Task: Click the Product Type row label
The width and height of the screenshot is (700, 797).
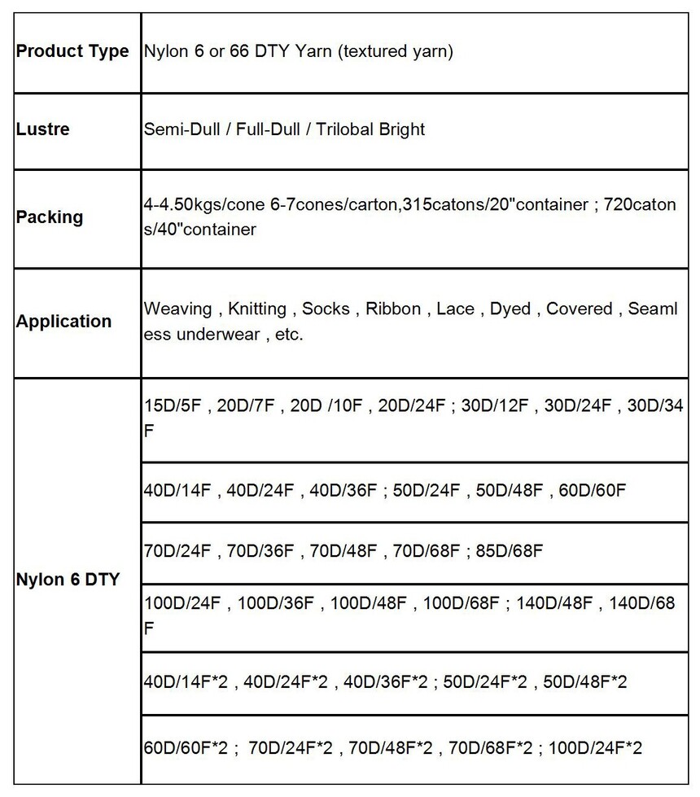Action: [x=72, y=51]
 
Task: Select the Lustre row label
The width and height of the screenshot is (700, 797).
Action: [x=43, y=129]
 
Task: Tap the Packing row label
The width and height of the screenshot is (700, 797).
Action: [x=50, y=217]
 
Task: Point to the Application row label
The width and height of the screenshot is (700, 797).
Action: [x=63, y=321]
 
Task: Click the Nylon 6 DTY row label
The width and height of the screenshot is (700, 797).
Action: [x=68, y=580]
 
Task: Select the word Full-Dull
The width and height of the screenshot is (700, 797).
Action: [x=265, y=129]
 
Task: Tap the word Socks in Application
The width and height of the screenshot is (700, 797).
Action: [x=326, y=309]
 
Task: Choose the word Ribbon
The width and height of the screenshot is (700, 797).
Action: [x=393, y=309]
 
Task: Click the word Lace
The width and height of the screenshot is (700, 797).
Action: [x=456, y=309]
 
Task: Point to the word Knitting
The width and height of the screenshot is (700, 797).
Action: [x=256, y=309]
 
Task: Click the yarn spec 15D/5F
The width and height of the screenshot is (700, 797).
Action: [x=170, y=406]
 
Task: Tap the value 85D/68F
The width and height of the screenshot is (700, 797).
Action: [x=510, y=551]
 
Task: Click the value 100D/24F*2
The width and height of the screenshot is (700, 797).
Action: [x=596, y=747]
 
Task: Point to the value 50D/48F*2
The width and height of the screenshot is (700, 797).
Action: [x=585, y=681]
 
